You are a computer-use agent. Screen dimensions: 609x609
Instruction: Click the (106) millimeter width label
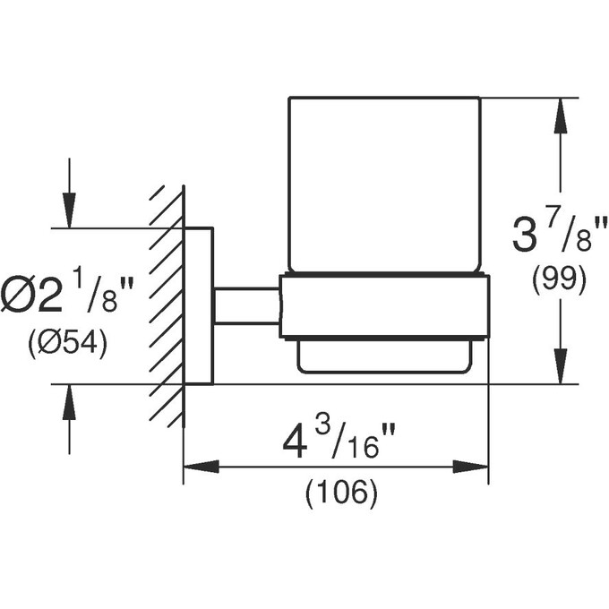coord(341,493)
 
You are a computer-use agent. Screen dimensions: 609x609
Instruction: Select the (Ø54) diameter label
coord(67,343)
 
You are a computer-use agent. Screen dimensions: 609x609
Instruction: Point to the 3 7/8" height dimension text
coord(559,235)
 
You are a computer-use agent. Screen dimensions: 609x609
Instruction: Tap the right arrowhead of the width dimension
coord(470,467)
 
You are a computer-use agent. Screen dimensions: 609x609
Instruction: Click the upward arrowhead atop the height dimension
coord(560,116)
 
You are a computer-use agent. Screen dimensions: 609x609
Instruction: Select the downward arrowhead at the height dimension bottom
coord(560,366)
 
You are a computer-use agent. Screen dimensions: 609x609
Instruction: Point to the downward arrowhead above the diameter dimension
coord(70,210)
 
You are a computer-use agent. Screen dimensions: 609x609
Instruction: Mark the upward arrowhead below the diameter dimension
coord(70,402)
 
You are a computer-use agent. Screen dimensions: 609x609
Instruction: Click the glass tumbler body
coord(384,184)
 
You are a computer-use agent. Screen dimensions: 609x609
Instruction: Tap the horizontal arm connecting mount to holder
coord(246,305)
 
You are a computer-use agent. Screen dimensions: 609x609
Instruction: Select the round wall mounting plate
coord(198,306)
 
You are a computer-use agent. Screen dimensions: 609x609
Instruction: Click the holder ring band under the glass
coord(384,307)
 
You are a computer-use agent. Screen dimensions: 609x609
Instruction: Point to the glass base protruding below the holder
coord(384,356)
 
